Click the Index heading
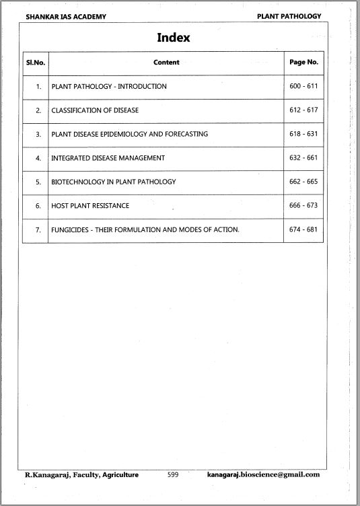tap(174, 38)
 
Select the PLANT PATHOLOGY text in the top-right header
tap(289, 16)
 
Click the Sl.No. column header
tap(35, 63)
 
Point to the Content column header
tap(166, 63)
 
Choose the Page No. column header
tap(303, 62)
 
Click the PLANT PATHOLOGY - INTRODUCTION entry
tap(109, 87)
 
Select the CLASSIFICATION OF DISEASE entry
tap(95, 110)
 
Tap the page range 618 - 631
tap(303, 134)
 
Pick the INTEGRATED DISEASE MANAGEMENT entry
tap(108, 158)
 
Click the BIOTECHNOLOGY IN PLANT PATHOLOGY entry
tap(114, 182)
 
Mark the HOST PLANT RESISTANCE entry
tap(90, 205)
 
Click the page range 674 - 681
tap(303, 229)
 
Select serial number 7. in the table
tap(38, 229)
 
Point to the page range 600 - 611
tap(303, 86)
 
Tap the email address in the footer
tap(264, 475)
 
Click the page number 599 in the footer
tap(172, 475)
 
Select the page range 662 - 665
tap(303, 182)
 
